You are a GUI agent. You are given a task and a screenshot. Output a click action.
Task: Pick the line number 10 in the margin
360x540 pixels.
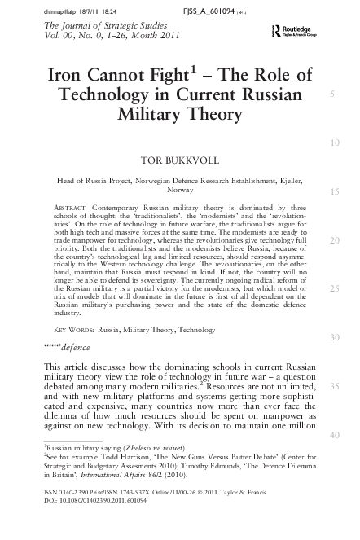(335, 143)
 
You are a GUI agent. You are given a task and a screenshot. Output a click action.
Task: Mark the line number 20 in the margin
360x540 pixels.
(335, 241)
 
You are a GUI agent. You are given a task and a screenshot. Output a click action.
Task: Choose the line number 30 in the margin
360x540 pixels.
(335, 337)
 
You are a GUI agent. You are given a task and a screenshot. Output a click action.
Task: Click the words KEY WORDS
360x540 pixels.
(73, 330)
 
